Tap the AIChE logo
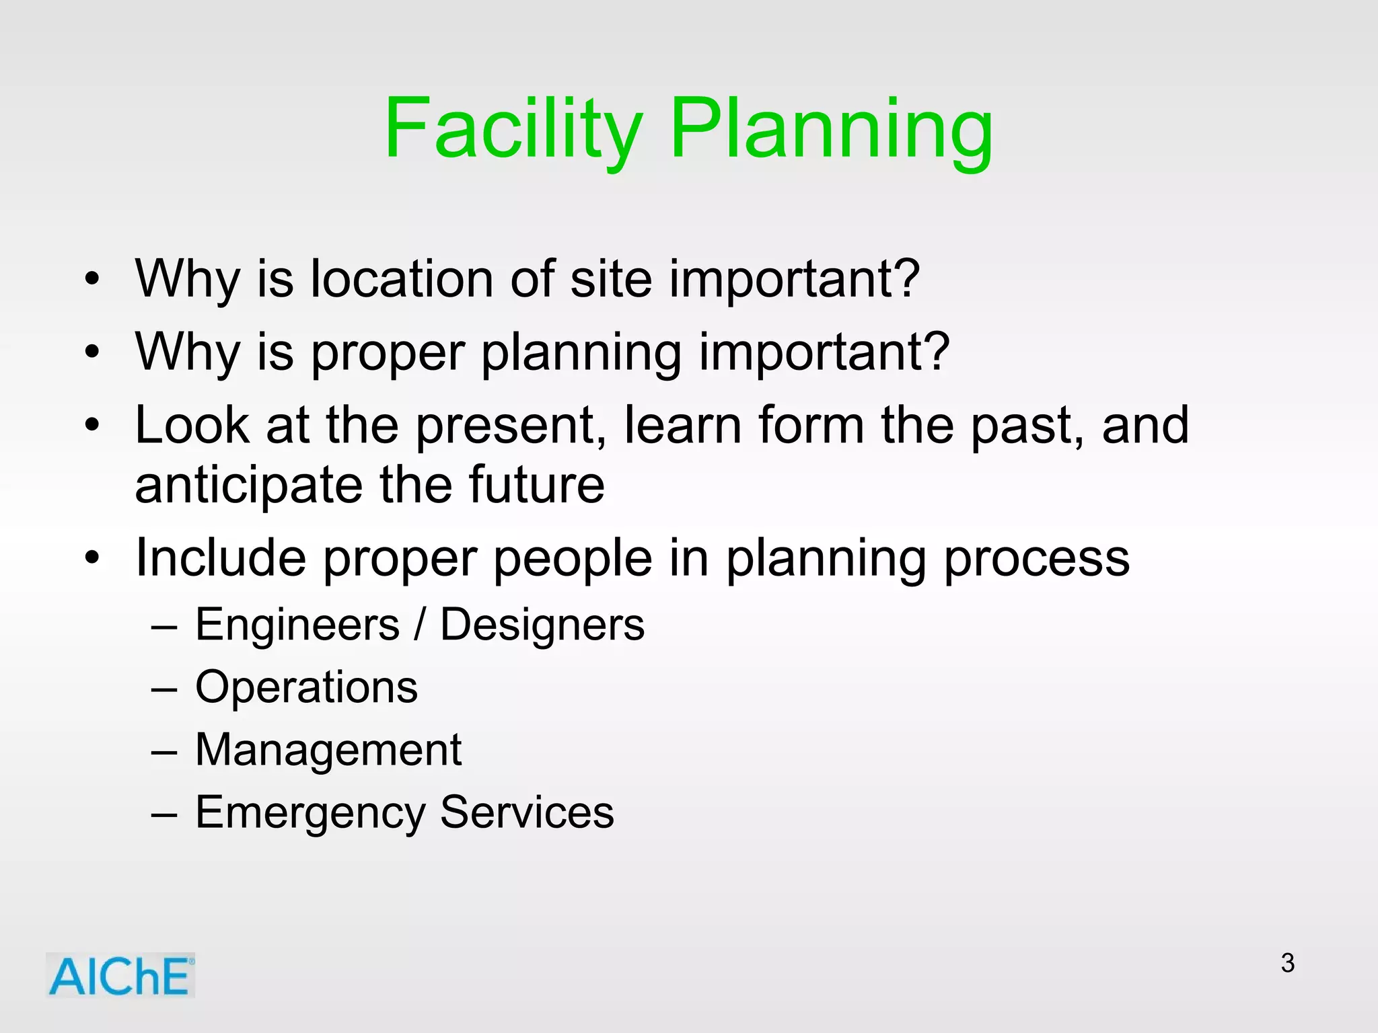pos(120,976)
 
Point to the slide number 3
pos(1288,963)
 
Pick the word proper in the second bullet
pos(388,352)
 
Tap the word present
pos(505,426)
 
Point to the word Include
pos(220,558)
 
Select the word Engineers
pos(297,625)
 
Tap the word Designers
pos(542,625)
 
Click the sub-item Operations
pos(306,688)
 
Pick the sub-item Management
pos(328,750)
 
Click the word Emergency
pos(310,813)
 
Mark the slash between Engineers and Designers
pos(420,625)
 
